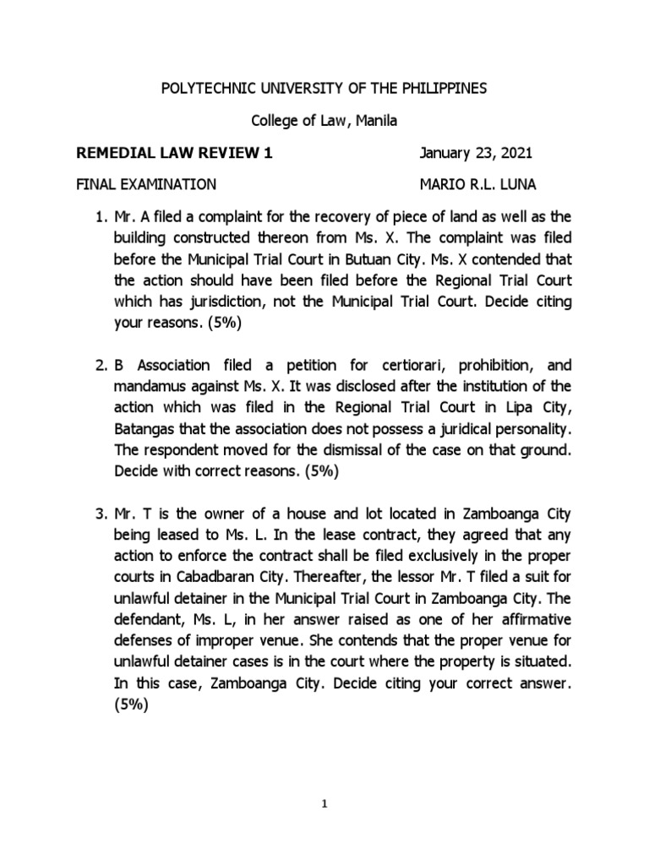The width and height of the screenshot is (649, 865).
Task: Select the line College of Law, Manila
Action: tap(324, 122)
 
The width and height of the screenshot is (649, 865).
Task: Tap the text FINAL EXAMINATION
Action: tap(146, 185)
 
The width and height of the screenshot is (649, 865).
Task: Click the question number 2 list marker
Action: tap(95, 367)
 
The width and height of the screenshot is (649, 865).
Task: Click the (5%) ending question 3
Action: tap(129, 708)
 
